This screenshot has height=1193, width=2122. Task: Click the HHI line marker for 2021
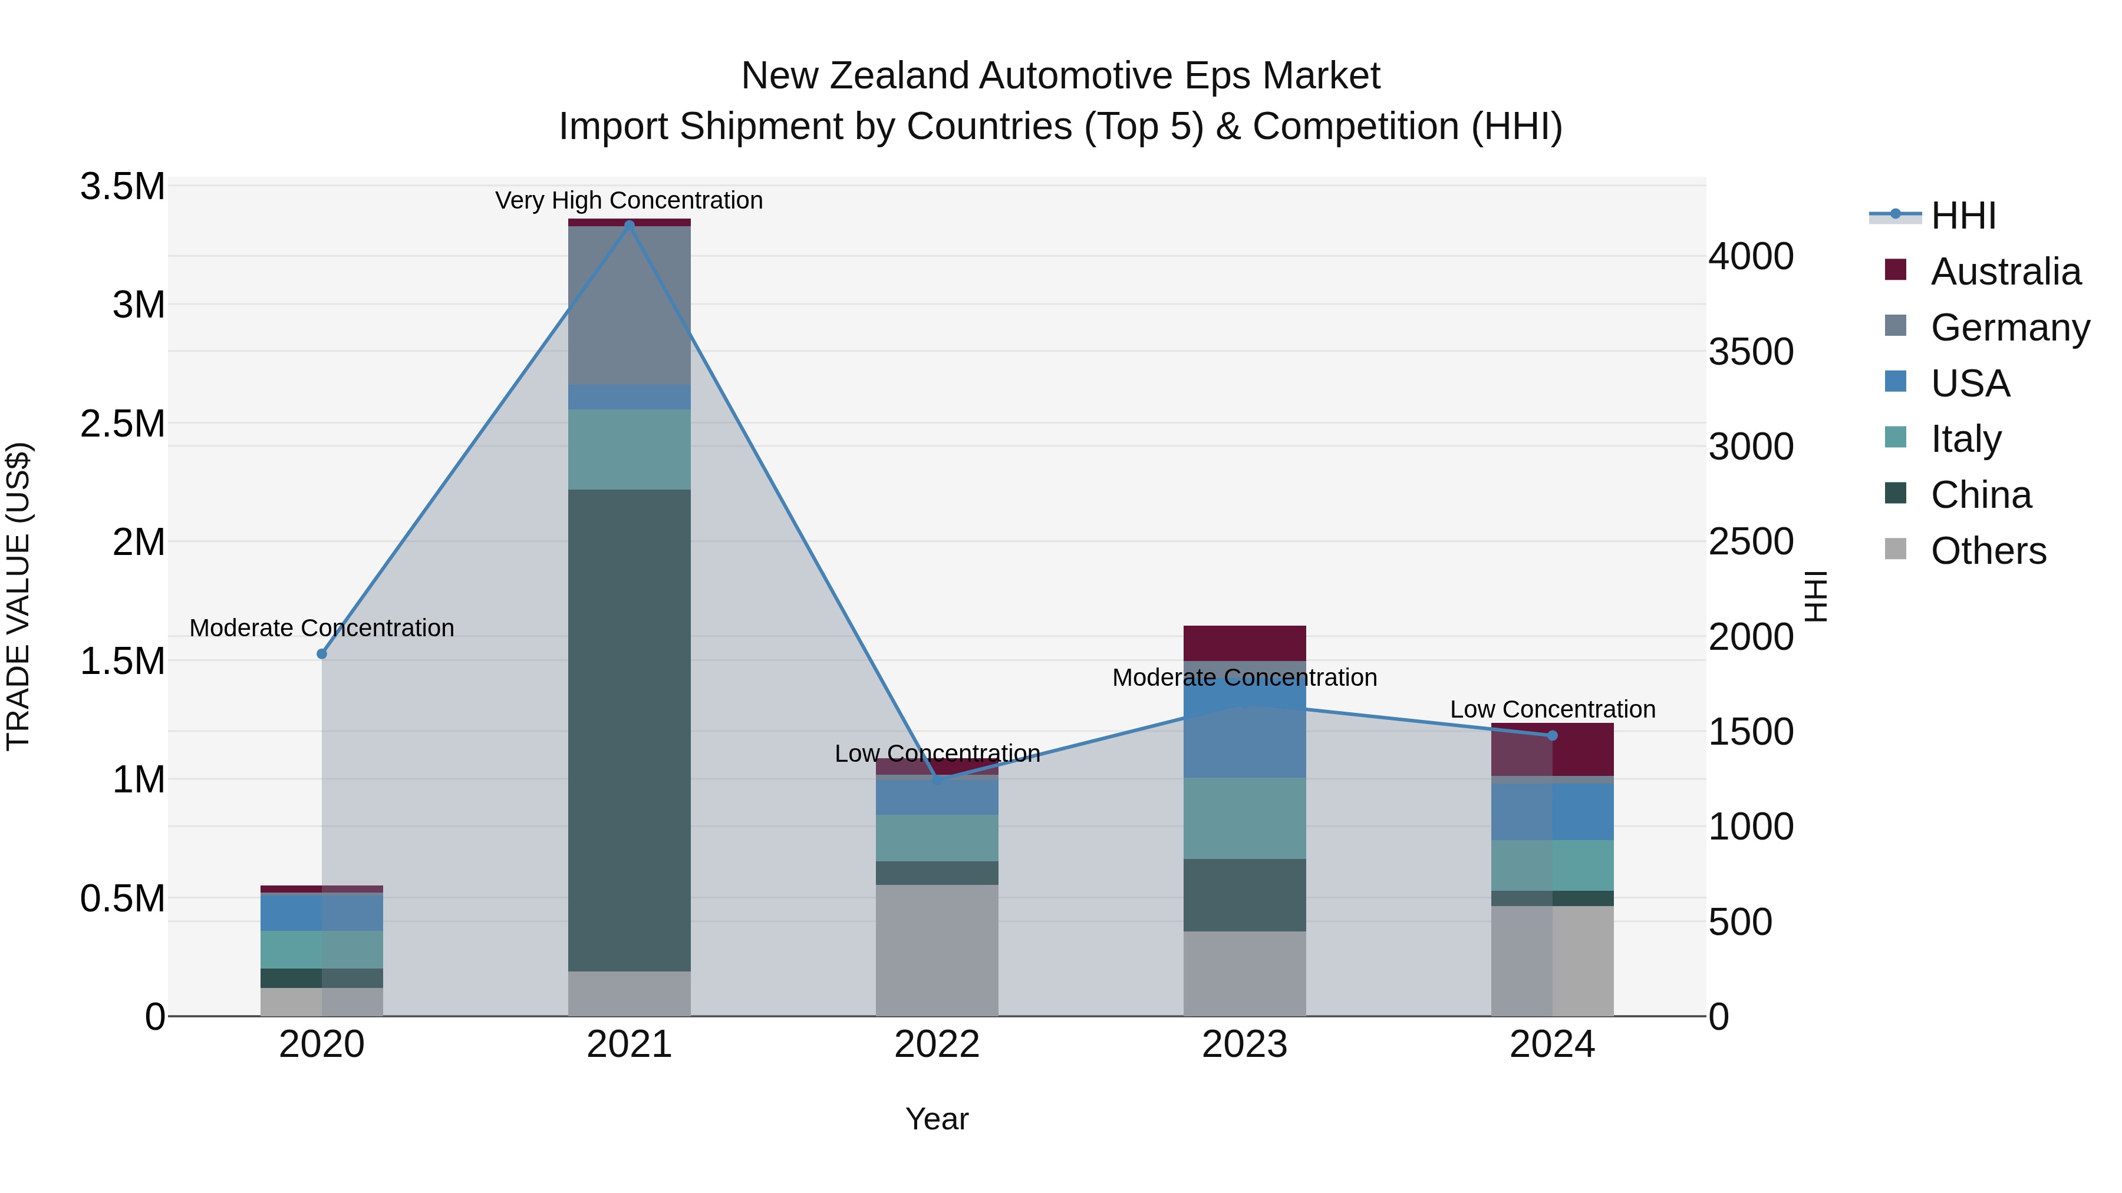click(630, 225)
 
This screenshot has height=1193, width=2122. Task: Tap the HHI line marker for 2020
click(322, 654)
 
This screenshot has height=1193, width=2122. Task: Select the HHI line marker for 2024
click(1552, 735)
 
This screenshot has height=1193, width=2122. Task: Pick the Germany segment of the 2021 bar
click(630, 305)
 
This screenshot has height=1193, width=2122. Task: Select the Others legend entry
click(1988, 551)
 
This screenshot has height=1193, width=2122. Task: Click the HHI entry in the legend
click(1962, 216)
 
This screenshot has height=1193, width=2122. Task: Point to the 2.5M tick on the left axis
click(123, 424)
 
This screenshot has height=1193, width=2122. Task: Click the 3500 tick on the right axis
click(1751, 352)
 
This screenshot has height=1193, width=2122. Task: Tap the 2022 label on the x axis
click(937, 1045)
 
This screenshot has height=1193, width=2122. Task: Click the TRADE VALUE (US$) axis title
click(18, 596)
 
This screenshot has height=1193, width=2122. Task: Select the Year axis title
click(937, 1119)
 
